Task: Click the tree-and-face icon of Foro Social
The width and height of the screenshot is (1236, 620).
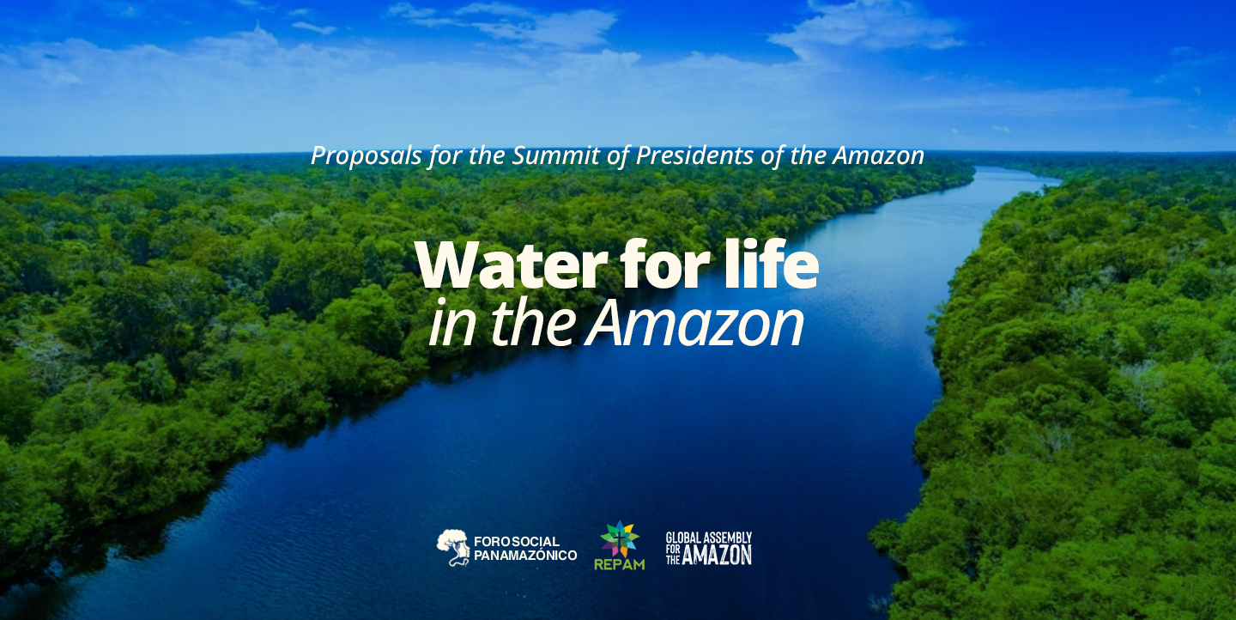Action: (x=453, y=547)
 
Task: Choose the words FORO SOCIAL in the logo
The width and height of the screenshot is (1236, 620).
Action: (x=517, y=542)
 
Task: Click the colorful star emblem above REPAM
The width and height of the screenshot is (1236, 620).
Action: (x=620, y=539)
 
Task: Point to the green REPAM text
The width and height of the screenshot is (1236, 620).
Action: (x=619, y=565)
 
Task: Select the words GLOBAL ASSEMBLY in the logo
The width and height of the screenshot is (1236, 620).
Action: (x=709, y=538)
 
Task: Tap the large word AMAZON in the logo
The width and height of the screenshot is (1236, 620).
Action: (x=717, y=555)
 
